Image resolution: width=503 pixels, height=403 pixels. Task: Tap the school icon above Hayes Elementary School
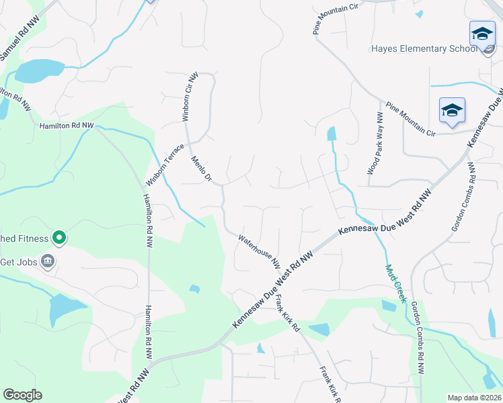pos(481,34)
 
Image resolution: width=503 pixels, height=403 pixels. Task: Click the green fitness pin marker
pos(59,237)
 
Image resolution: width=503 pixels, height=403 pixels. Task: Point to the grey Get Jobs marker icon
pos(48,261)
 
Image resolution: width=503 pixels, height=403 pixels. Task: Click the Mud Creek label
pos(396,283)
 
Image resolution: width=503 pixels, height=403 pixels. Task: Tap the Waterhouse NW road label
pos(259,249)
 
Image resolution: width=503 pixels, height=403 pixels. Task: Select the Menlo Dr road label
pos(201,170)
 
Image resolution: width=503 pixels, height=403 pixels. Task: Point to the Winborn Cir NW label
pos(190,97)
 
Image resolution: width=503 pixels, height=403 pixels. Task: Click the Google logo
pos(22,395)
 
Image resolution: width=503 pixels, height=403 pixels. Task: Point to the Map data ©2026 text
pos(474,398)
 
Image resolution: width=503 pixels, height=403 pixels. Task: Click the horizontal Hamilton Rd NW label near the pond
pos(67,126)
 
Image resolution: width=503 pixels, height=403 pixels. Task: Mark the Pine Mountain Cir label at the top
pos(336,18)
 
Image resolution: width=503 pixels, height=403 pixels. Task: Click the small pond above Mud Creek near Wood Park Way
pos(332,134)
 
